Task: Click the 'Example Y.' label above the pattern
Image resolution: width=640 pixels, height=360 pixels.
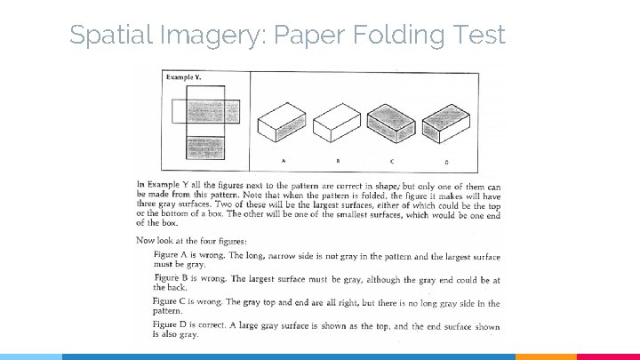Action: (x=184, y=77)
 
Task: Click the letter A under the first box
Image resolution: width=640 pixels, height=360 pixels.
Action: (x=284, y=160)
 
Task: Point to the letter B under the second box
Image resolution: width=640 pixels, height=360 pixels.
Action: (x=338, y=160)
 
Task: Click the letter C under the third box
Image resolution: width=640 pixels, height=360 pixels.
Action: (x=392, y=160)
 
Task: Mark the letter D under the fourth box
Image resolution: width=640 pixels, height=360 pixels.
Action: (x=446, y=161)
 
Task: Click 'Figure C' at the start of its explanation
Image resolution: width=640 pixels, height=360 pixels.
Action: (x=172, y=302)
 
